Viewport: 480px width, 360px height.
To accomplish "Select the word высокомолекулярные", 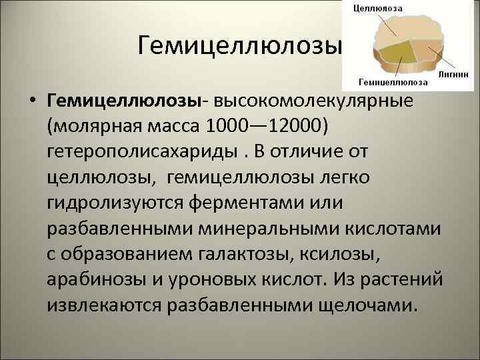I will tap(313, 101).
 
